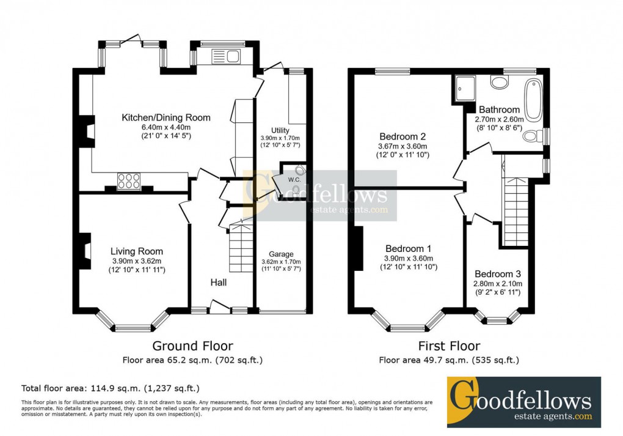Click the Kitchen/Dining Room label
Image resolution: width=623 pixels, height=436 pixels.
point(166,117)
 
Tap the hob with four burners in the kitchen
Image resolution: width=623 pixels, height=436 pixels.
point(129,180)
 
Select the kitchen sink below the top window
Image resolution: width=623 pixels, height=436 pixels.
point(226,57)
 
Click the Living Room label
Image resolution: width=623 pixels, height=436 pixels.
point(137,251)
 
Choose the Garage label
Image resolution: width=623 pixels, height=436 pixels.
point(281,254)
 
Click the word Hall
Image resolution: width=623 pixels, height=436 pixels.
point(219,283)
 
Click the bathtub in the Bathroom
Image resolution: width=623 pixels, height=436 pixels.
point(533,100)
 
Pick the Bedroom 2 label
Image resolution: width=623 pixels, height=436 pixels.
point(402,136)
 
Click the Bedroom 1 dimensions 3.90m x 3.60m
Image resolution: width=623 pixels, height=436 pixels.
point(408,258)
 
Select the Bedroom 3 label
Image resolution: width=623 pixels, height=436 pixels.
point(498,273)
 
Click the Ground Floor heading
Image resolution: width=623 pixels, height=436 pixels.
point(192,347)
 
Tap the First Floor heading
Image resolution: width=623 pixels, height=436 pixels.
point(449,347)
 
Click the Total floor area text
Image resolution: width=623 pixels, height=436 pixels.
point(111,388)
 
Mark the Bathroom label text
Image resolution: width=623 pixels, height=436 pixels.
point(499,110)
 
